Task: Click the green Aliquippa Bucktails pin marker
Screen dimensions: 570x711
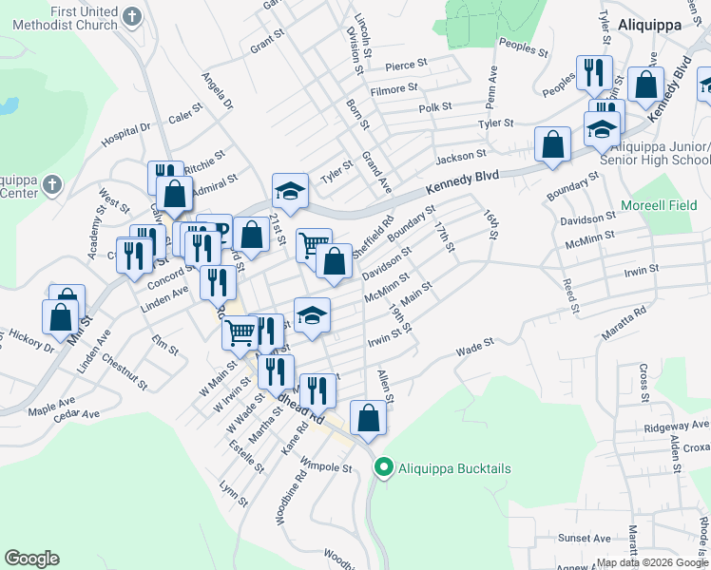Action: (384, 467)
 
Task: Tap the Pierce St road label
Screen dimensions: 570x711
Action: (408, 66)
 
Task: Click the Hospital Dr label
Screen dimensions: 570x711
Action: (126, 134)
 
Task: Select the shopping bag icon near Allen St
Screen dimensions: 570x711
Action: (369, 417)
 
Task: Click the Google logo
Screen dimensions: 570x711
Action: (31, 559)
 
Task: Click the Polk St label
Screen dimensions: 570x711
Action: (434, 107)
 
